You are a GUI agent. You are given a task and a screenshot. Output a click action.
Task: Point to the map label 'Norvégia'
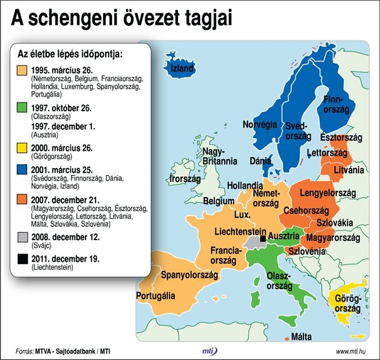261,124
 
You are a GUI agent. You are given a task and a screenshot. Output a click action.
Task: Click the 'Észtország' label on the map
340,138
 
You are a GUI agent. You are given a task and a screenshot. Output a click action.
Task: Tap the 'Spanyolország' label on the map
189,275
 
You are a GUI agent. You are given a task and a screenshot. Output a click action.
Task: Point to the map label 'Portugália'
156,295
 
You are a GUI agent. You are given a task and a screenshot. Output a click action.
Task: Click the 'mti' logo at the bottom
206,351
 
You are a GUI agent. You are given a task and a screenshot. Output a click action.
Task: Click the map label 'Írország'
185,179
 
